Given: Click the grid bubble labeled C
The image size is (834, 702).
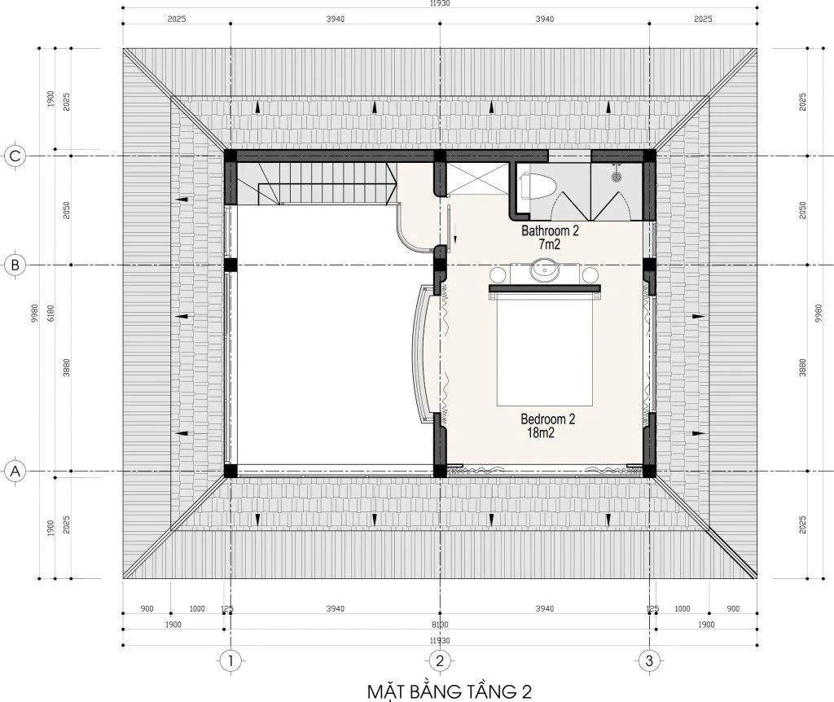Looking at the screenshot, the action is tap(15, 156).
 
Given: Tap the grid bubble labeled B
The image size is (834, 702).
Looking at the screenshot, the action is tap(15, 265).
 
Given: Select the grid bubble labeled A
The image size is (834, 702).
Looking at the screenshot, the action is tap(15, 472).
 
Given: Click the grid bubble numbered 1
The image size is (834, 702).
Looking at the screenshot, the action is tap(230, 661).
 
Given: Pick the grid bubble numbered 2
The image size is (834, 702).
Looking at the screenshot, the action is tap(439, 661).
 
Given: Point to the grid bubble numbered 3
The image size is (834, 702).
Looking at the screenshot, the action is tap(649, 661).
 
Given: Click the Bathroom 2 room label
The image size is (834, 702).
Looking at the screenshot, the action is tap(550, 230).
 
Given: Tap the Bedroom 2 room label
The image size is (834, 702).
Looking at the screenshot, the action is tap(548, 419).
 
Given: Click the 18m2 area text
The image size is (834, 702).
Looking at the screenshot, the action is tap(541, 433).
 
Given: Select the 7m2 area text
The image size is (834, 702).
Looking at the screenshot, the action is tap(550, 244).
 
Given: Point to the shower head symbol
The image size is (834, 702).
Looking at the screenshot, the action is tap(617, 174).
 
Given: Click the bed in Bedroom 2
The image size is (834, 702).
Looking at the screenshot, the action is tap(545, 345).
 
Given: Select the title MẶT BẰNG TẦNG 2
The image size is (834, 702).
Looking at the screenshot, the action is tap(450, 691).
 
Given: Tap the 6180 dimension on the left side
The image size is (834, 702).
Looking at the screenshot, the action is tap(51, 313).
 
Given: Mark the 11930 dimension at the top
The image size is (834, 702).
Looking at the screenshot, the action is tap(440, 3).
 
